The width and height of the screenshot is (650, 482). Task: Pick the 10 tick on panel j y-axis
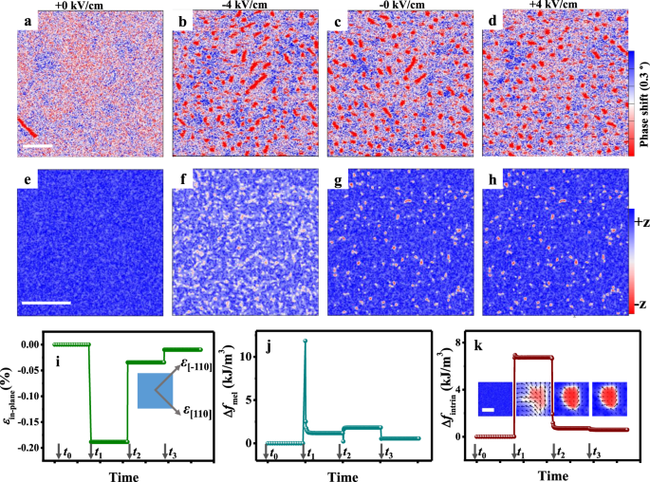coord(242,355)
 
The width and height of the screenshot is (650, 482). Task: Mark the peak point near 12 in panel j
coord(305,341)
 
